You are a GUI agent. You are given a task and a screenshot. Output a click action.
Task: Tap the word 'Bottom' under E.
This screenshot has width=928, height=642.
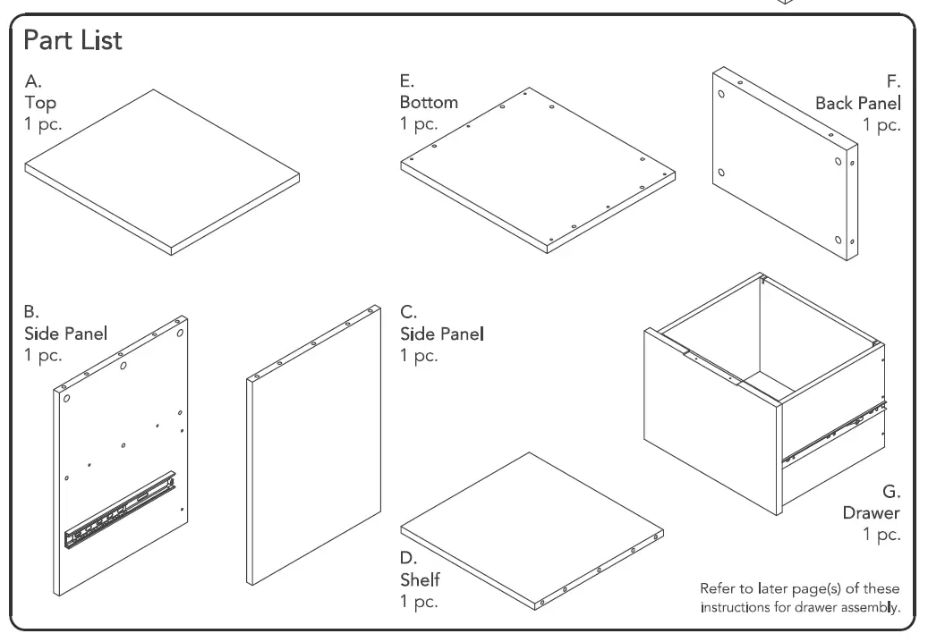coord(429,102)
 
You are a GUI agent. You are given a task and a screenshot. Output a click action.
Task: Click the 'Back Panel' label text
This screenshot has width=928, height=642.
coord(857,103)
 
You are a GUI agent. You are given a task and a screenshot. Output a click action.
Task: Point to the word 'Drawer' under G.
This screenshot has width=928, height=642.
coord(871,513)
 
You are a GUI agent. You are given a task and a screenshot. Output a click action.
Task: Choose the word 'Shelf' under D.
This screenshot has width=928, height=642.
coord(420,580)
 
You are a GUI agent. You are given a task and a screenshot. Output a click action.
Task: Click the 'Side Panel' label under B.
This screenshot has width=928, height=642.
coord(66,334)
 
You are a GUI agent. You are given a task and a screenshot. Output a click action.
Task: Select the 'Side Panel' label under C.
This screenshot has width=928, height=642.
coord(441,334)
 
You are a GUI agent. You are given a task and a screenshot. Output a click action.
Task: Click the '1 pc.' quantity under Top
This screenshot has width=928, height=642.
coord(43,123)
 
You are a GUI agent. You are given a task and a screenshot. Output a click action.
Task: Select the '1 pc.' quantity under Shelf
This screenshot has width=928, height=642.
coord(418,601)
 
